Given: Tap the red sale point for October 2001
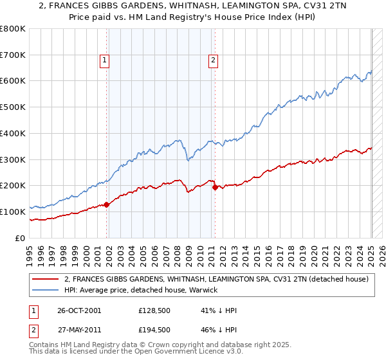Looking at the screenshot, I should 107,204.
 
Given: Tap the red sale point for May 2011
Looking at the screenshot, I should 215,187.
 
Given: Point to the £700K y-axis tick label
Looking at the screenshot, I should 13,55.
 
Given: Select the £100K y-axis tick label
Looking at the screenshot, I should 13,212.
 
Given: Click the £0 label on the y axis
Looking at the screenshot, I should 20,238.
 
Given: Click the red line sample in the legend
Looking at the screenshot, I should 46,279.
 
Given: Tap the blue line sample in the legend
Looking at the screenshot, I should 46,291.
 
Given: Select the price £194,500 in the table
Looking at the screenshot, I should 154,330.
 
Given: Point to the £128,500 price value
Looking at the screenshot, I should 154,310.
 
